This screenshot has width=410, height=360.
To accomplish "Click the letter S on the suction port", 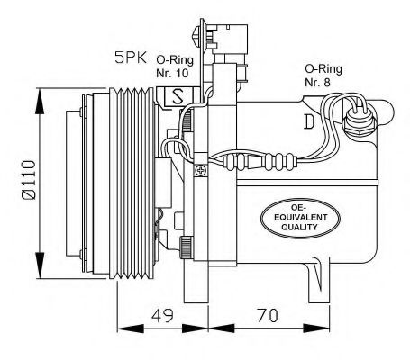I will [x=177, y=94].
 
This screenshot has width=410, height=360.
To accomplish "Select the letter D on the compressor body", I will [x=309, y=120].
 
